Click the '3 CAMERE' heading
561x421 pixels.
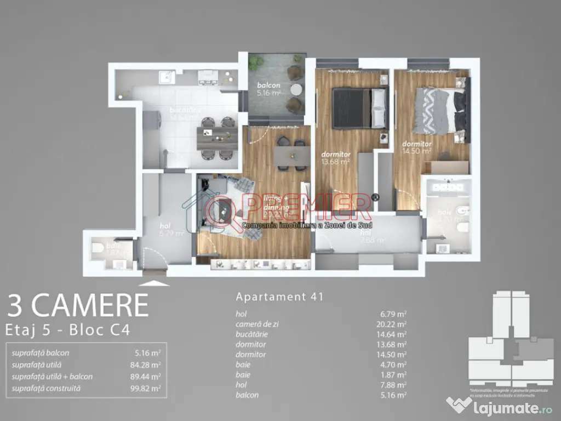tap(78, 306)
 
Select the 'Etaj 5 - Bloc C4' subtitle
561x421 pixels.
tap(68, 330)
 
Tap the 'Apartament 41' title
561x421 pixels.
tap(279, 297)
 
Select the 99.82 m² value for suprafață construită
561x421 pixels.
tap(148, 388)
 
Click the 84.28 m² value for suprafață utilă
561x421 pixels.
tap(148, 365)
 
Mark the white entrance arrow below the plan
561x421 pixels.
tap(155, 283)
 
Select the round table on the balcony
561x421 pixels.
tap(296, 89)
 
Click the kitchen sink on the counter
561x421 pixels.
tap(164, 77)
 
